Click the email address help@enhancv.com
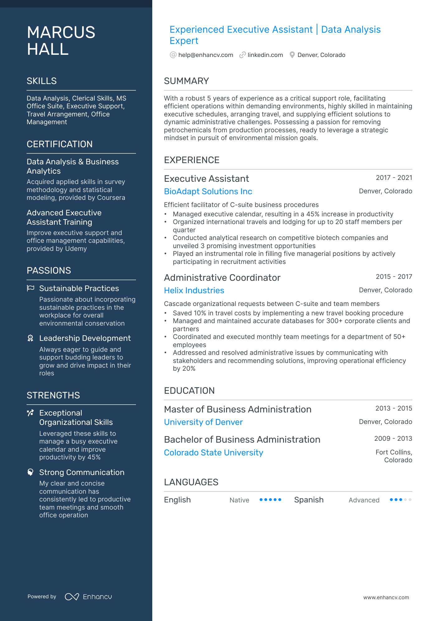click(x=205, y=55)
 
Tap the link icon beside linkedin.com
click(x=242, y=55)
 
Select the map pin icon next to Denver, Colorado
click(x=292, y=55)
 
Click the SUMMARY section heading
click(x=186, y=81)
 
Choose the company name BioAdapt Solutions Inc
click(x=208, y=191)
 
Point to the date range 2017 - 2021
click(x=394, y=178)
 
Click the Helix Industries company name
click(x=194, y=290)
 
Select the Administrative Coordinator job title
click(x=222, y=278)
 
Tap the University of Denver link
click(x=203, y=422)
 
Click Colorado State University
click(x=213, y=453)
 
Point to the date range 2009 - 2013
click(x=393, y=439)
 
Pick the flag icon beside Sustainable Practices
click(x=31, y=288)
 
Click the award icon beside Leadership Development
click(x=30, y=338)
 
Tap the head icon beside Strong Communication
click(x=30, y=472)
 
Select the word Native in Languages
click(x=239, y=500)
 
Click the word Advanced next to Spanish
click(x=364, y=500)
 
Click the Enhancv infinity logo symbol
click(x=72, y=597)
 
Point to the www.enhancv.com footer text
click(x=386, y=598)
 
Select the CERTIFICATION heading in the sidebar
click(x=59, y=144)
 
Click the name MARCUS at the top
click(x=61, y=32)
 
